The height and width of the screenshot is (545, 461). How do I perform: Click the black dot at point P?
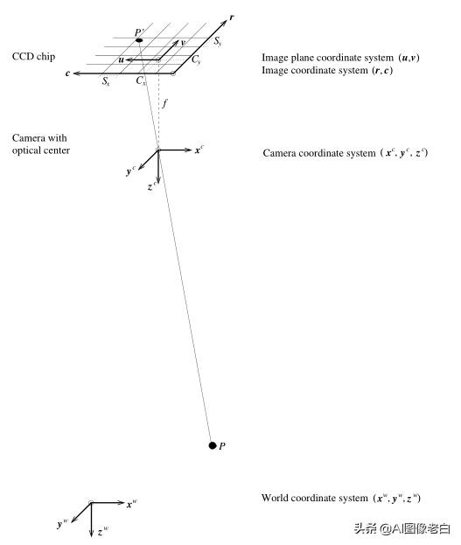click(x=212, y=446)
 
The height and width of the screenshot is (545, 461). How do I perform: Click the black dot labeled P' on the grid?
click(x=139, y=41)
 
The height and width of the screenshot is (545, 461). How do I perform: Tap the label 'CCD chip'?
click(x=34, y=57)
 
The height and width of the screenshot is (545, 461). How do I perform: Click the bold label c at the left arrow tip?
click(x=67, y=74)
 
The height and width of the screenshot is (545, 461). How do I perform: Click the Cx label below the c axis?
click(x=141, y=82)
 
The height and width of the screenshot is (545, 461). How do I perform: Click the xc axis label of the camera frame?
click(x=199, y=150)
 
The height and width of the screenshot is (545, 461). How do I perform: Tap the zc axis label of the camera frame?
click(x=152, y=186)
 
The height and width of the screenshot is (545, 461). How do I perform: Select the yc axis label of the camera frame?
click(x=130, y=171)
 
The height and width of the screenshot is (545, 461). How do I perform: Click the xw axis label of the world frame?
click(x=132, y=504)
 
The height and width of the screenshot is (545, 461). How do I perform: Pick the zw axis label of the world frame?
click(x=103, y=531)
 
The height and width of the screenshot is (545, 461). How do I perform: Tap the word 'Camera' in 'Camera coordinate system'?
click(x=281, y=153)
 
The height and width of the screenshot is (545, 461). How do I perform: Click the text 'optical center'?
click(x=41, y=150)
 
